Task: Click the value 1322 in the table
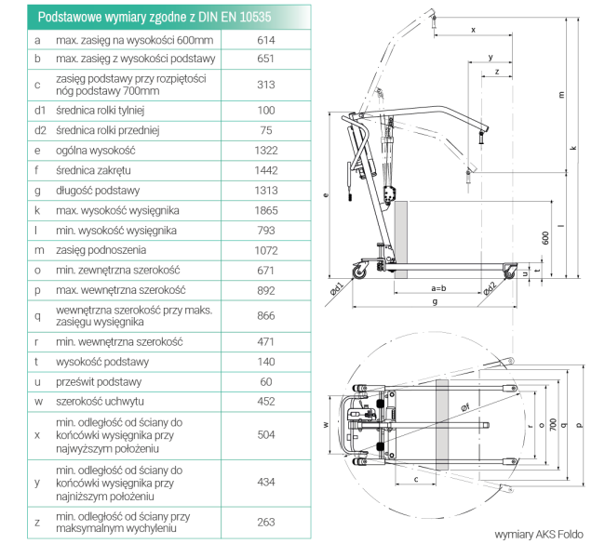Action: point(266,150)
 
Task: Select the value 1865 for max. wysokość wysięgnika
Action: point(266,209)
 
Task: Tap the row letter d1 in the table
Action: point(39,110)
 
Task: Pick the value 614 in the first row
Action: point(266,41)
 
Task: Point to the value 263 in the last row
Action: point(266,522)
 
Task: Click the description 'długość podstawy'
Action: point(98,190)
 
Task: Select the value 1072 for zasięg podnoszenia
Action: point(266,250)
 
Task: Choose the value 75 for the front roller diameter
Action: point(266,129)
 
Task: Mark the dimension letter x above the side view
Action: point(472,30)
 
